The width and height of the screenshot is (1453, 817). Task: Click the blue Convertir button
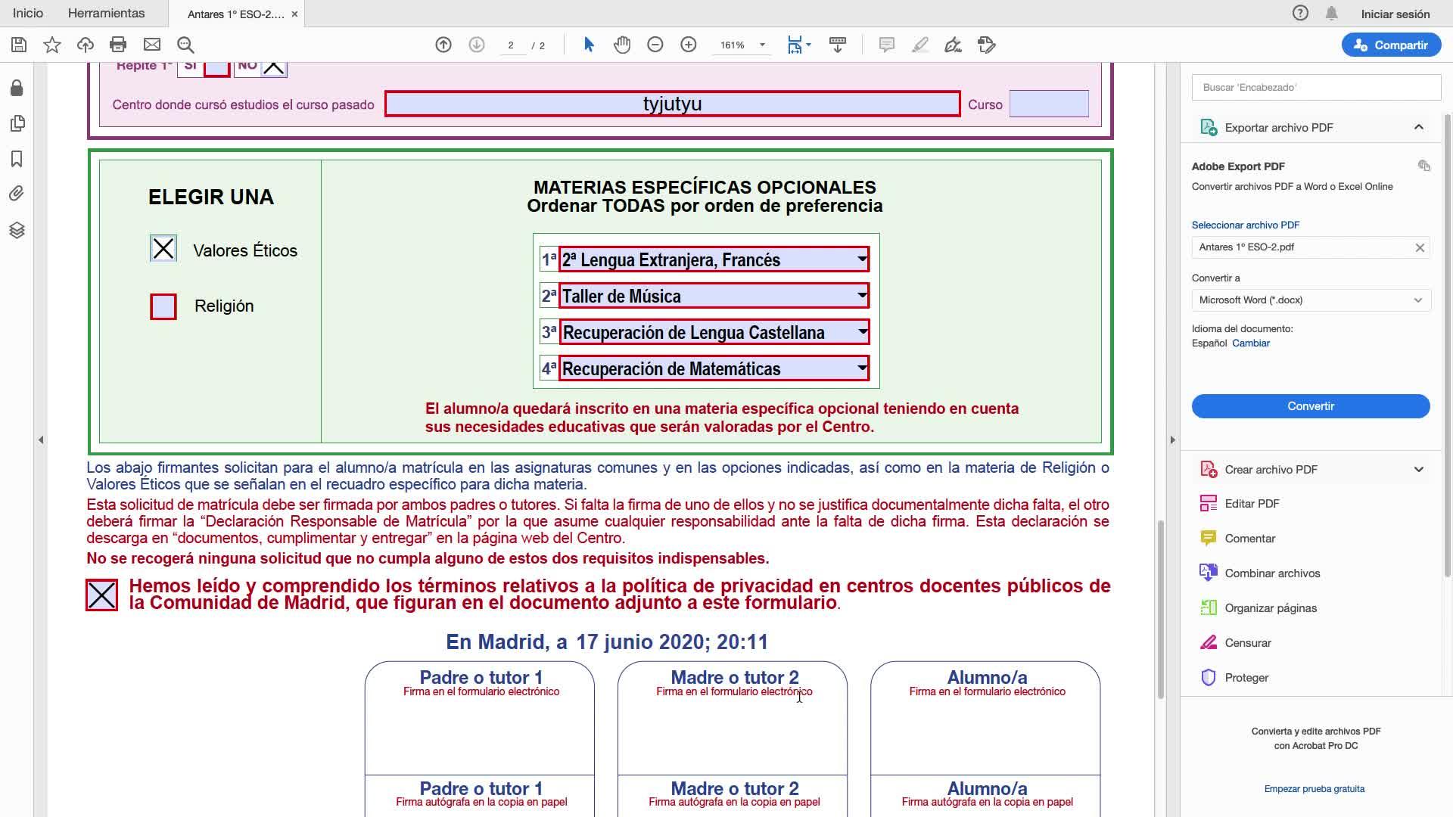tap(1310, 406)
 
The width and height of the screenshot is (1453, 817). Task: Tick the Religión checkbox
tap(163, 306)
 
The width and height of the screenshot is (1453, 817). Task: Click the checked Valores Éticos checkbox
tap(163, 249)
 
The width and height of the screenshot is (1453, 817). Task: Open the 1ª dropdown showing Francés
tap(861, 259)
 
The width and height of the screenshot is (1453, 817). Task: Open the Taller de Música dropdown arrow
tap(861, 296)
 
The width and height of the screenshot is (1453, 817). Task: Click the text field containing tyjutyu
tap(672, 104)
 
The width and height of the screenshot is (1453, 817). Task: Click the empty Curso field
tap(1048, 104)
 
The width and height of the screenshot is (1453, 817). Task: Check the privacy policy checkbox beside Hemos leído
tap(102, 595)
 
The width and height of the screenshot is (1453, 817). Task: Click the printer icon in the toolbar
tap(118, 45)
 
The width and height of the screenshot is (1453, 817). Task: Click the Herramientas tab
tap(106, 14)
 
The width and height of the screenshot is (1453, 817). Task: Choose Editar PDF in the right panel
tap(1252, 504)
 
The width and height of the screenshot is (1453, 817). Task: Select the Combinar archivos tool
tap(1271, 573)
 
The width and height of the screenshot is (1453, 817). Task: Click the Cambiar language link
tap(1250, 343)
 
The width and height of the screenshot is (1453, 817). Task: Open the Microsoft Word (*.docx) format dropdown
tap(1310, 300)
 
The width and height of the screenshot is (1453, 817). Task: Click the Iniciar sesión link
tap(1395, 14)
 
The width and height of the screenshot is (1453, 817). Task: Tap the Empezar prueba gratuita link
tap(1314, 789)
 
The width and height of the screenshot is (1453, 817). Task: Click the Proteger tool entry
tap(1246, 678)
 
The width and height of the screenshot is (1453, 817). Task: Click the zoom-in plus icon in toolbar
tap(688, 45)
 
